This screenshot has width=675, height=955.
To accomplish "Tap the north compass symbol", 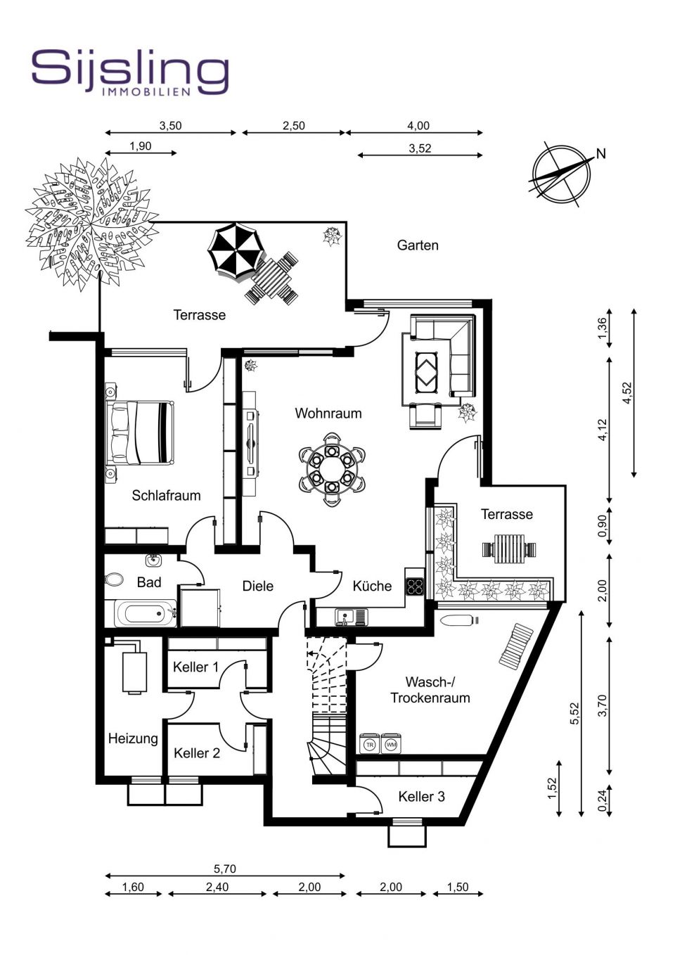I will (560, 173).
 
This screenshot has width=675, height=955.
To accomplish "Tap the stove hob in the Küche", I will (414, 587).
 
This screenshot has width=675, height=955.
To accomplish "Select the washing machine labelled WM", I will (390, 744).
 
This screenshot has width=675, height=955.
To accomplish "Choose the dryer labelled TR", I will (369, 744).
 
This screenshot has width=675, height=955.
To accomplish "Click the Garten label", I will (418, 245).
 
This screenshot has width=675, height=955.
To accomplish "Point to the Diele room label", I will (257, 586).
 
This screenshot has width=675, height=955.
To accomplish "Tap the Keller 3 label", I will (421, 796).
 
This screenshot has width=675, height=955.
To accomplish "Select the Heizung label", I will (133, 738).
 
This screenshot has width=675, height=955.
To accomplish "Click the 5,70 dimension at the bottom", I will (225, 869).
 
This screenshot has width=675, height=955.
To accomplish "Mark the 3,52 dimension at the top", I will (420, 148).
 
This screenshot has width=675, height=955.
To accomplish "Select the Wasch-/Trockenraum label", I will (430, 690).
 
